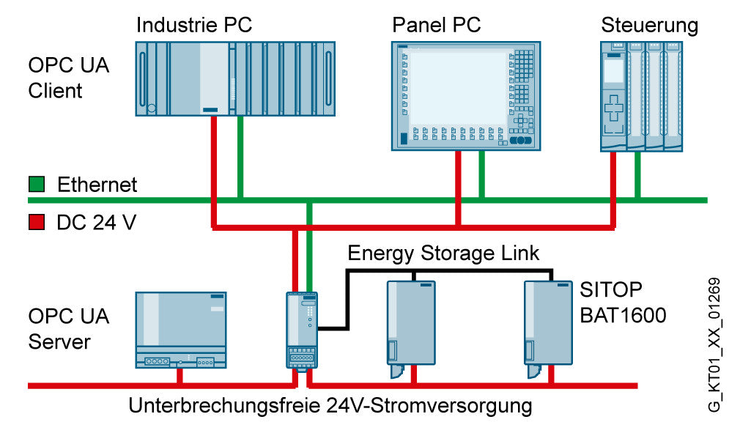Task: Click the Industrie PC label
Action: point(194,25)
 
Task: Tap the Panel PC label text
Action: point(437,25)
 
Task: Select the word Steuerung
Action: point(649,26)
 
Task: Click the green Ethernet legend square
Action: point(37,184)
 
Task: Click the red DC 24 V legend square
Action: point(37,222)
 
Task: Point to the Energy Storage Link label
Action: point(443,253)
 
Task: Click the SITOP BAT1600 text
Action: point(623,303)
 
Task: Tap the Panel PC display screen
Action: point(459,88)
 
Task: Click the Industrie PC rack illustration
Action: point(235,78)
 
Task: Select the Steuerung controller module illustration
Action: point(641,96)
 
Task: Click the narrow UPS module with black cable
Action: point(302,330)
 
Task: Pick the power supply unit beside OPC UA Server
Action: point(181,330)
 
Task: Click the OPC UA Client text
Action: point(68,78)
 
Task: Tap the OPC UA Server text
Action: point(68,328)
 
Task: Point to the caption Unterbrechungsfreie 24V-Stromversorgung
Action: point(330,406)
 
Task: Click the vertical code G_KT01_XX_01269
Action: point(714,344)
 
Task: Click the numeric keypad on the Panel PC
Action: point(523,64)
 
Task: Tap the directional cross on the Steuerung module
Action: point(613,108)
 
